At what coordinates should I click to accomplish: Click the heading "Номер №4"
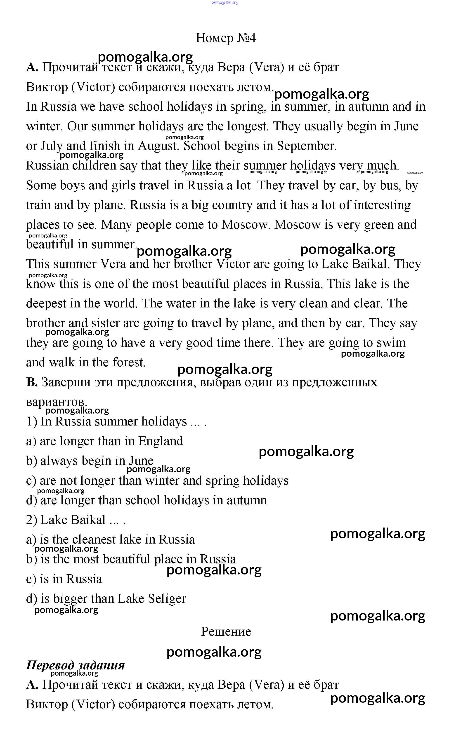point(226,38)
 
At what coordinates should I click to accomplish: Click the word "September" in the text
point(306,146)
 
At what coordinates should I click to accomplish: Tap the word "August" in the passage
point(158,146)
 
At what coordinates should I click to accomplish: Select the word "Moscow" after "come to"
point(245,225)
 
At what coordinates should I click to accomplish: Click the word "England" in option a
point(161,441)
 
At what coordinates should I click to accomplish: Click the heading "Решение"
point(226,632)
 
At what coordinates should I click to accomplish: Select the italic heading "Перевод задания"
point(75,665)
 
